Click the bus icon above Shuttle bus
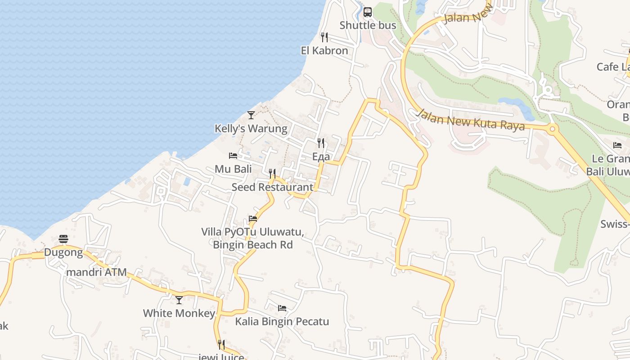click(368, 12)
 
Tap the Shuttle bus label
click(368, 25)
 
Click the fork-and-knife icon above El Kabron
click(324, 37)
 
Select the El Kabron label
click(324, 50)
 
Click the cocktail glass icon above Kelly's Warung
click(251, 115)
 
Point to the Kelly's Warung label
click(251, 129)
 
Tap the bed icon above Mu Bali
click(233, 156)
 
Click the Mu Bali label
click(233, 169)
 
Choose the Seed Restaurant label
click(272, 187)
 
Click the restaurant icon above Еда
click(321, 143)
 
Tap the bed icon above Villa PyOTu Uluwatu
click(253, 219)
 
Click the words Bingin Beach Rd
click(252, 245)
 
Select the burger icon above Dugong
click(63, 238)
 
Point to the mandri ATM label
click(96, 272)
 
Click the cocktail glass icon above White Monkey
click(179, 300)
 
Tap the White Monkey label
click(179, 313)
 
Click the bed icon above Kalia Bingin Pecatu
click(282, 308)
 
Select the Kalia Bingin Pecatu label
click(282, 322)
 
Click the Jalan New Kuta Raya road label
click(471, 120)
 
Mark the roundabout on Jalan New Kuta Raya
click(553, 130)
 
